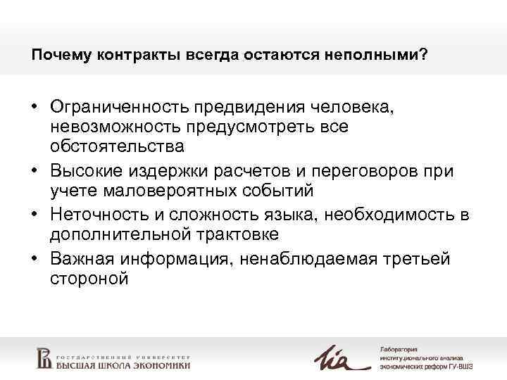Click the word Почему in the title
pyautogui.click(x=58, y=55)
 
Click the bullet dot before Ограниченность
pyautogui.click(x=35, y=107)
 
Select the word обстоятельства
pyautogui.click(x=117, y=147)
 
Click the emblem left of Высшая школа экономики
pyautogui.click(x=44, y=358)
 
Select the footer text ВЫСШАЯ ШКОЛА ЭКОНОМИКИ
pyautogui.click(x=124, y=365)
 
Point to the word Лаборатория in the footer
pyautogui.click(x=399, y=348)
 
